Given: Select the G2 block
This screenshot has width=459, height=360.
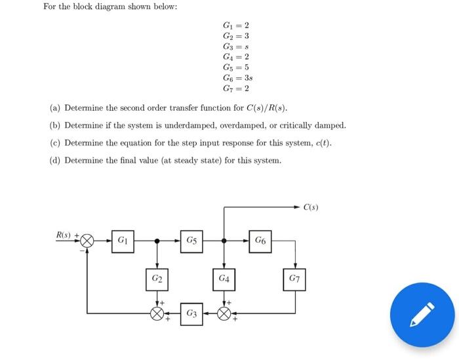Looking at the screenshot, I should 157,279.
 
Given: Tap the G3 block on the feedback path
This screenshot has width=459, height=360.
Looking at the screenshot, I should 190,313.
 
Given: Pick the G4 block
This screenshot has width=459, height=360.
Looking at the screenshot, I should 224,279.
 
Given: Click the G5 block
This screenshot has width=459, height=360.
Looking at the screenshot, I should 190,241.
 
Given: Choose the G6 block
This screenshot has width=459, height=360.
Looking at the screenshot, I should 260,241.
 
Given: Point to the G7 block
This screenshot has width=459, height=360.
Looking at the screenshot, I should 294,279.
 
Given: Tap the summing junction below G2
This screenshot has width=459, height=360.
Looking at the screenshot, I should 157,313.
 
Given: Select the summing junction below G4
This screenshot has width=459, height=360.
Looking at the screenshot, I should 224,313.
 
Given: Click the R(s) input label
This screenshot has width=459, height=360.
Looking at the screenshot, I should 64,233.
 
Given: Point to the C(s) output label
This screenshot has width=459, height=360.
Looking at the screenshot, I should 311,208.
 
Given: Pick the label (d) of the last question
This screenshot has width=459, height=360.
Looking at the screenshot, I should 55,160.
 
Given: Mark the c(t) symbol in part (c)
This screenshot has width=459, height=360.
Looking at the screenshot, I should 324,142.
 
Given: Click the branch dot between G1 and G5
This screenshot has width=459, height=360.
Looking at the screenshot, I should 157,241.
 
